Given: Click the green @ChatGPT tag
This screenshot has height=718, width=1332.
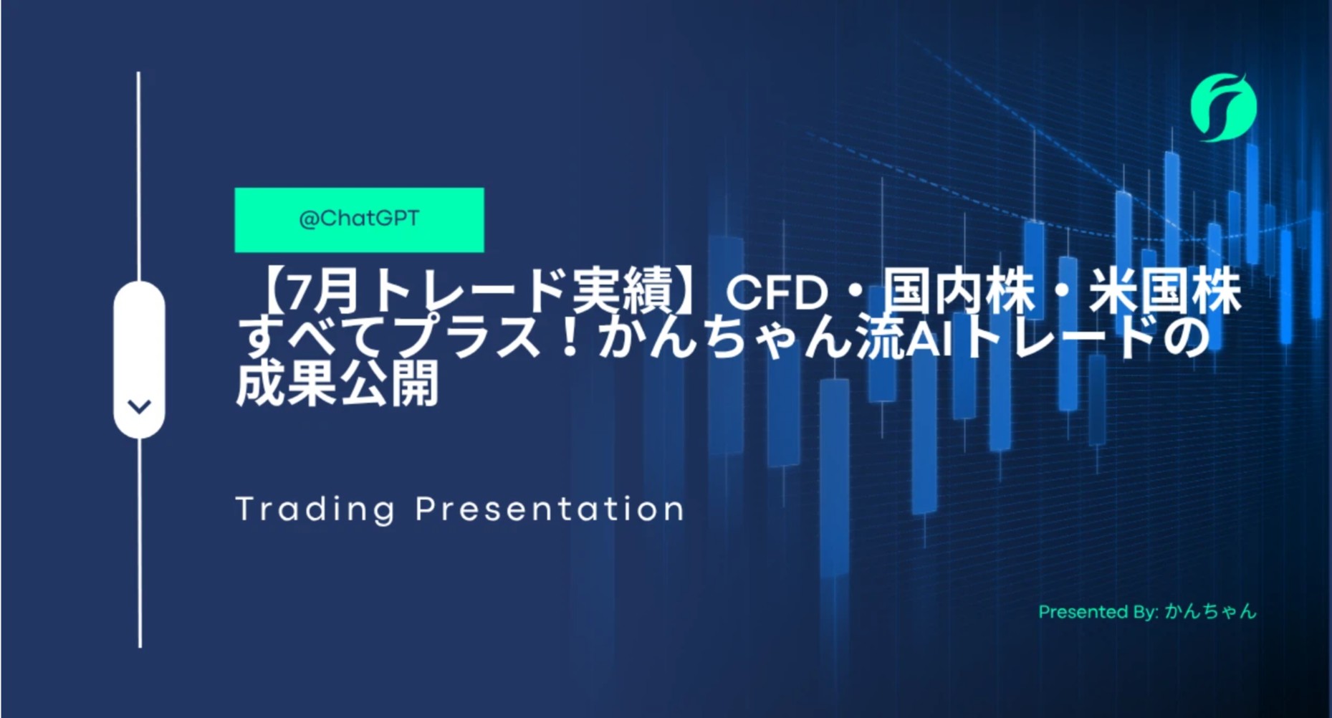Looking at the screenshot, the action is pos(359,219).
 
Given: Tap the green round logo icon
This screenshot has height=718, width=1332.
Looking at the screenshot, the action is pos(1224,107).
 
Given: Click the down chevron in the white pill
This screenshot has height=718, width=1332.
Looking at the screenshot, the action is pos(139,407).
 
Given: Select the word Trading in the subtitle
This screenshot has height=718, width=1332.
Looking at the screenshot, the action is pos(315,509).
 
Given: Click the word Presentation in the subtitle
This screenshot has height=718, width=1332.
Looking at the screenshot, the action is pos(550,509).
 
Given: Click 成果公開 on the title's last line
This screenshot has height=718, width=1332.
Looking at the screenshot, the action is pos(337,383).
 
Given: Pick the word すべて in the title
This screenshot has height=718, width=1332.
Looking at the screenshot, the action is pos(313,337).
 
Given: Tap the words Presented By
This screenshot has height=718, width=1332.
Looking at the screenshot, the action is pos(1098,612).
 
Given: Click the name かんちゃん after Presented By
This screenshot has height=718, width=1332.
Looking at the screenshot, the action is pos(1210,611).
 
